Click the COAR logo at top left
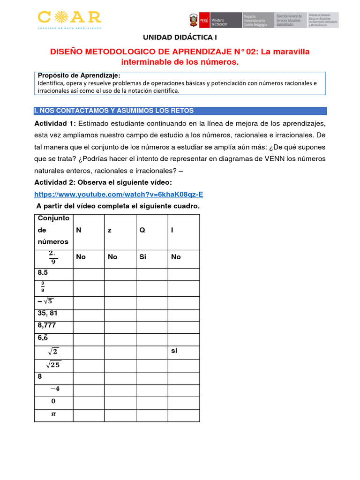[69, 19]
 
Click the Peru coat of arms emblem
[193, 21]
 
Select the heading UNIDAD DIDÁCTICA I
[180, 37]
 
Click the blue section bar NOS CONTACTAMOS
[180, 111]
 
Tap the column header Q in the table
[142, 230]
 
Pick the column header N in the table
[78, 230]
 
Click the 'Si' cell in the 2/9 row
[143, 257]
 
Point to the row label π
[52, 414]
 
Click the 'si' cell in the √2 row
[174, 350]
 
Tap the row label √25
[52, 364]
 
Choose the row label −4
[54, 389]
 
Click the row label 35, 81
[48, 313]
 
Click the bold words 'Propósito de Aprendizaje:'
[79, 75]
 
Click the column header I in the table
[172, 230]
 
